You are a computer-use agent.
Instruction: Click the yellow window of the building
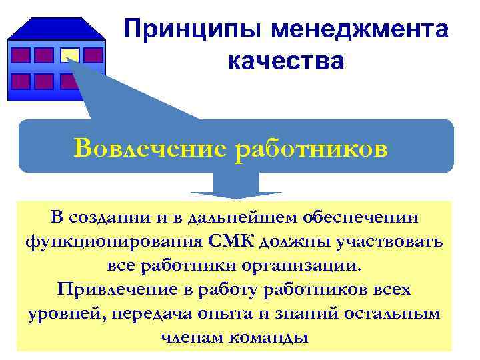tap(71, 55)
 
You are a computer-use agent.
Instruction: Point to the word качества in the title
tap(286, 61)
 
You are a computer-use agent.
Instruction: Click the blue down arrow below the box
tap(236, 187)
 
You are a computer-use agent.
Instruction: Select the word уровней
tap(60, 313)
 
